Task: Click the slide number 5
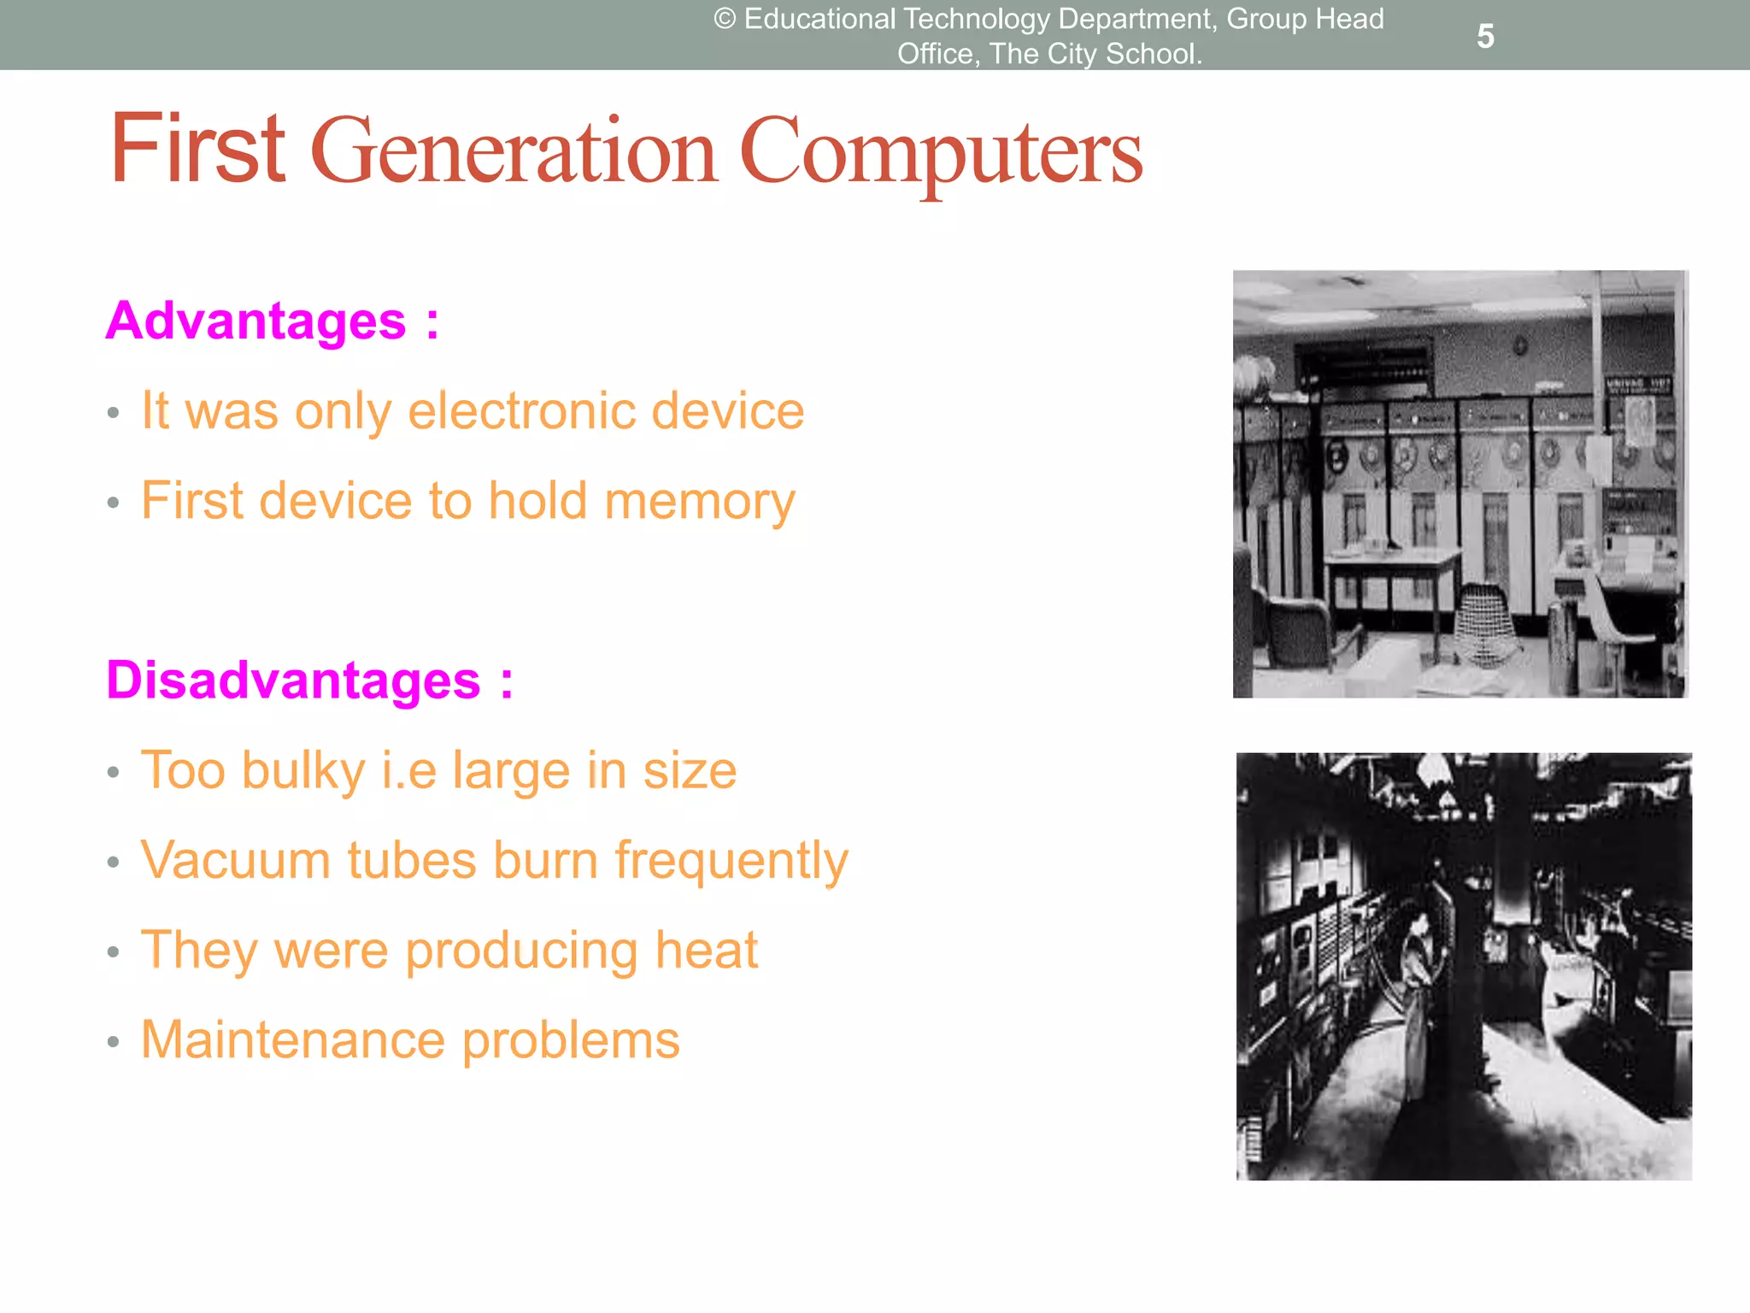point(1485,37)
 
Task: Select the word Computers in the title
point(940,154)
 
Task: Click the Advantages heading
point(256,321)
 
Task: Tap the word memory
point(700,502)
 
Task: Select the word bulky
point(303,772)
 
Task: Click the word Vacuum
point(236,860)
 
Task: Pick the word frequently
point(731,862)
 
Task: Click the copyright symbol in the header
point(725,19)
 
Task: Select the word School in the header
point(1153,54)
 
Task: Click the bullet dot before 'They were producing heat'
point(113,952)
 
